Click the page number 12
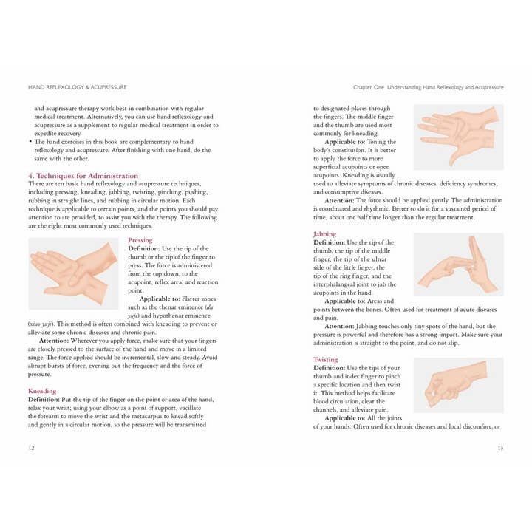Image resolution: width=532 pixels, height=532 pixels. [30, 447]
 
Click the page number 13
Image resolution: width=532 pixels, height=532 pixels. [500, 447]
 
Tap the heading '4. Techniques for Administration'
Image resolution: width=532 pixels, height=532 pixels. [83, 176]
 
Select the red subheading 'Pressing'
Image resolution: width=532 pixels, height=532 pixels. [140, 240]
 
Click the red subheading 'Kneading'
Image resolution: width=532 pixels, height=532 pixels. [42, 390]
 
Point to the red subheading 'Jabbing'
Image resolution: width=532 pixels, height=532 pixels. [324, 234]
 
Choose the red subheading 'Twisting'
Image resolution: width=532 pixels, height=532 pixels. [326, 360]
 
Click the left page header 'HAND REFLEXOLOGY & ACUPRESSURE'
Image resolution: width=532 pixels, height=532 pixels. [77, 87]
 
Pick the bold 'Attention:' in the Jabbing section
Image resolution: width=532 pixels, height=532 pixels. [344, 326]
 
